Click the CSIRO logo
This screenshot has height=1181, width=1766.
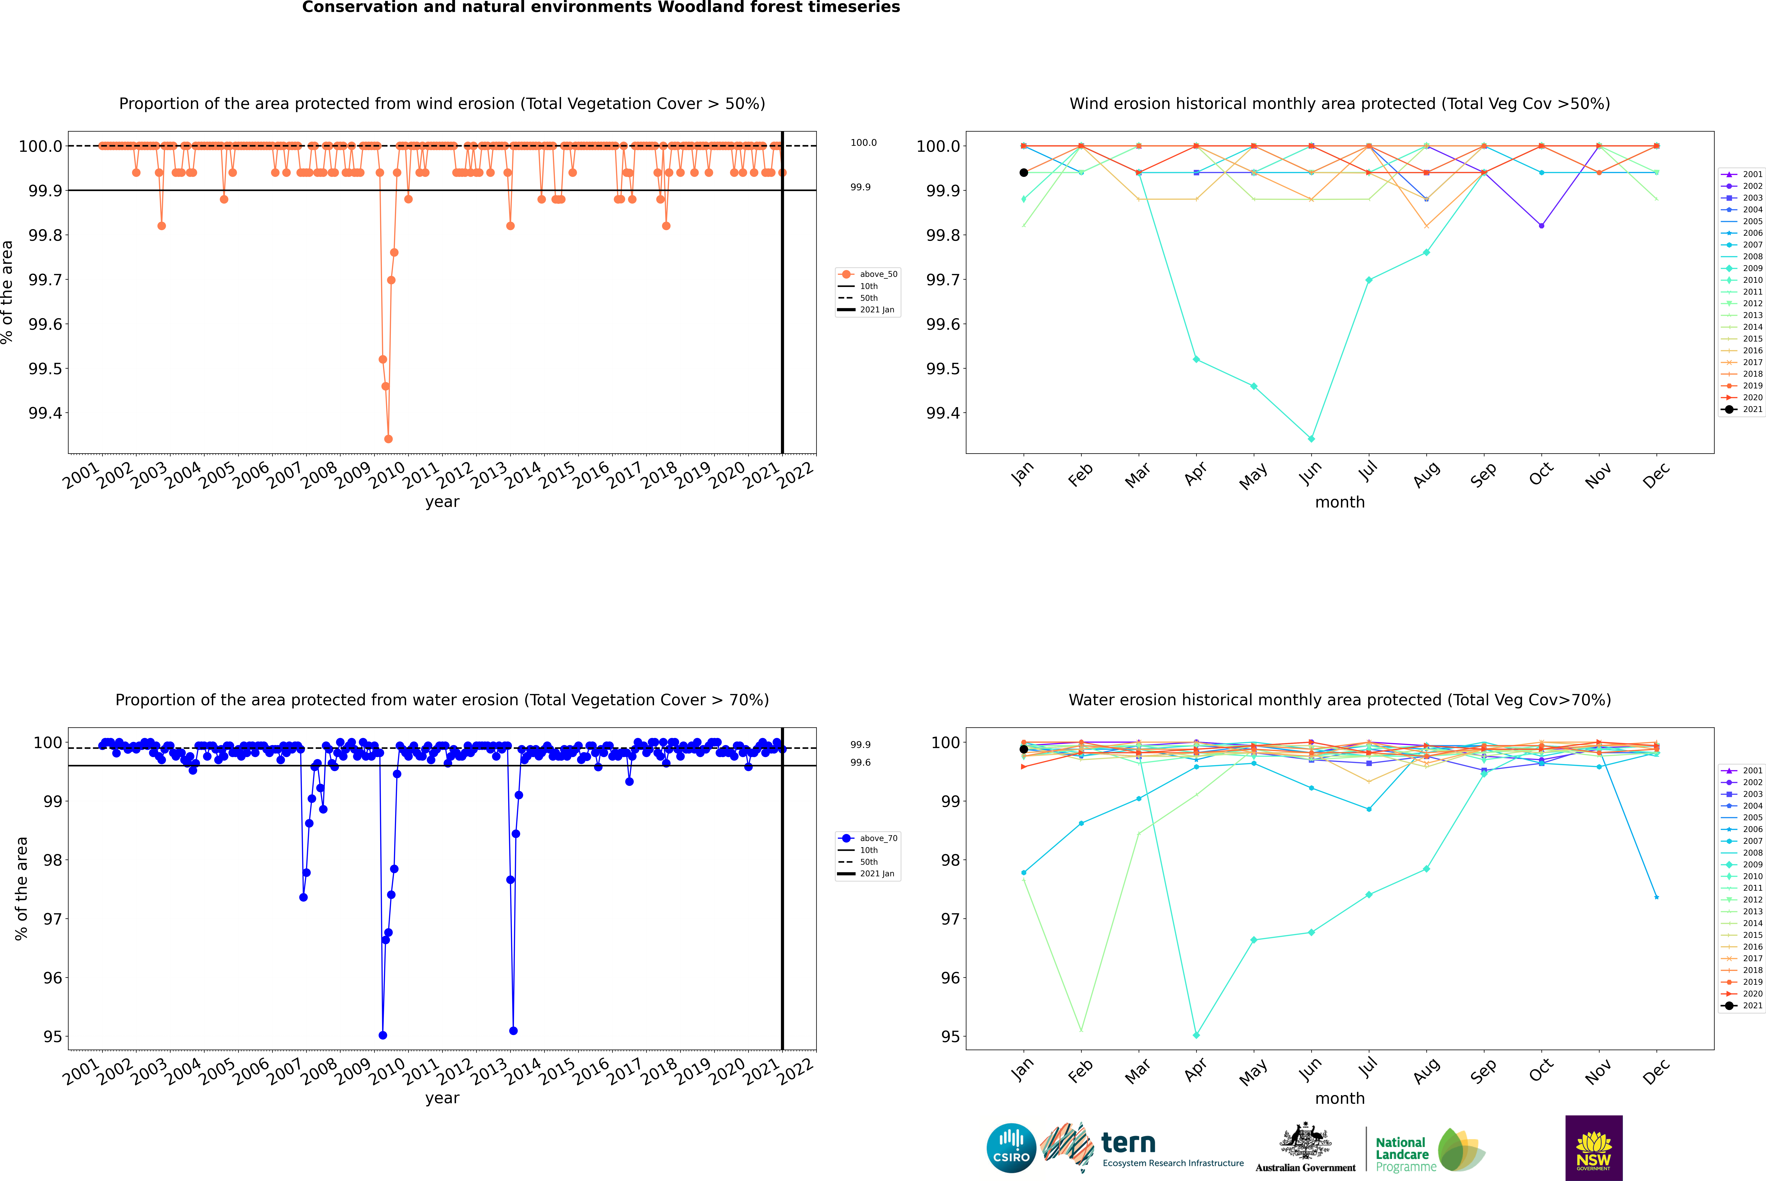[x=1011, y=1148]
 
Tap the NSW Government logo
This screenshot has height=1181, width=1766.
[x=1594, y=1148]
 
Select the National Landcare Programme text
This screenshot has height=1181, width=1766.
[x=1402, y=1154]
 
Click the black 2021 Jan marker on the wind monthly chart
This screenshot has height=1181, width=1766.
[x=1024, y=173]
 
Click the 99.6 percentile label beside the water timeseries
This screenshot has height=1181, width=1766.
[x=860, y=762]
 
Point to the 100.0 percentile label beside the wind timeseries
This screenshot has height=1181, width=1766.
[x=863, y=142]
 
